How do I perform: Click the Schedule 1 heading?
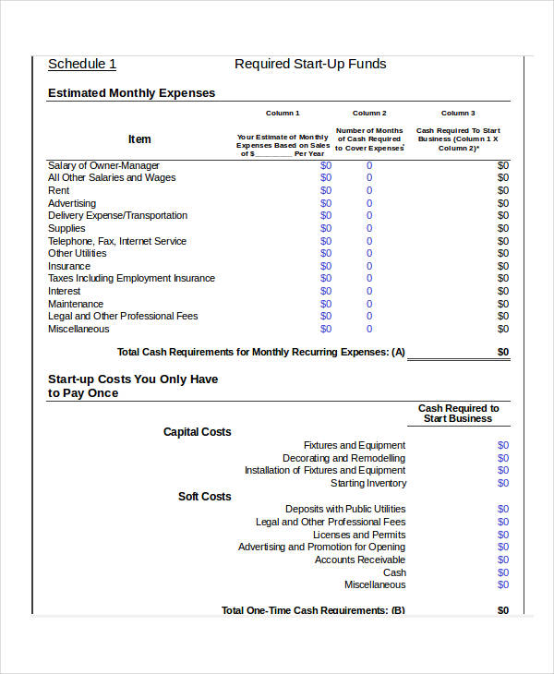pyautogui.click(x=82, y=64)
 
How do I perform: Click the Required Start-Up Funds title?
pyautogui.click(x=310, y=64)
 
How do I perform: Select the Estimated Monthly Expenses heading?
pyautogui.click(x=131, y=93)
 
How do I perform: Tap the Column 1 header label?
pyautogui.click(x=283, y=113)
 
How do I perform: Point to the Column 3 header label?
pyautogui.click(x=458, y=113)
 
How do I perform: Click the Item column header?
pyautogui.click(x=139, y=139)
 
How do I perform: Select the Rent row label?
pyautogui.click(x=58, y=190)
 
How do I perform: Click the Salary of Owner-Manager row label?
pyautogui.click(x=103, y=165)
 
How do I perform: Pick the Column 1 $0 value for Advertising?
pyautogui.click(x=326, y=203)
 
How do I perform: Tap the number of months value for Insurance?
pyautogui.click(x=369, y=266)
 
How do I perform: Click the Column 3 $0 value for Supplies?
pyautogui.click(x=503, y=228)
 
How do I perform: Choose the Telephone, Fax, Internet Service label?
pyautogui.click(x=117, y=241)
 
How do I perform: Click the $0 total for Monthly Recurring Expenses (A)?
pyautogui.click(x=503, y=352)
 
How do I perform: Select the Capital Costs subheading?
pyautogui.click(x=198, y=432)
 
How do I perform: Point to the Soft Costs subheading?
pyautogui.click(x=205, y=497)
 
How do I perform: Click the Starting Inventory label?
pyautogui.click(x=367, y=483)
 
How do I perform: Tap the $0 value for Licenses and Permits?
pyautogui.click(x=503, y=535)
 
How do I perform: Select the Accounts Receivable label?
pyautogui.click(x=359, y=560)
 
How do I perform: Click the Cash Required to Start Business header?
pyautogui.click(x=458, y=414)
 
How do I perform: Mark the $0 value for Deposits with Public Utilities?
pyautogui.click(x=503, y=509)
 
